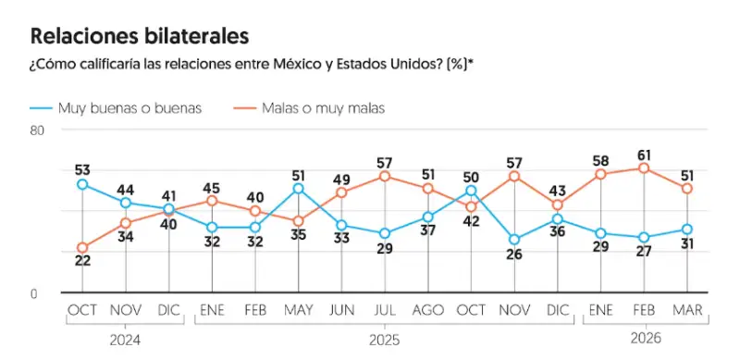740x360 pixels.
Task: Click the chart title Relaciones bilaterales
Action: pos(140,36)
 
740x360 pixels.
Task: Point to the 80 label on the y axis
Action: pos(38,131)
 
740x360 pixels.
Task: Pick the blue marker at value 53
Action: pos(82,184)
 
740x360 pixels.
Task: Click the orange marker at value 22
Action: pos(82,248)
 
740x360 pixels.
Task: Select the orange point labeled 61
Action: pos(644,168)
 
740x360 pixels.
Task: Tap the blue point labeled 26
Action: pos(514,240)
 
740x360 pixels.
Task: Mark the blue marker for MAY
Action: pos(298,189)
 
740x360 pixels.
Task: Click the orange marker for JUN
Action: pos(341,192)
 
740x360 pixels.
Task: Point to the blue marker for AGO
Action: pos(427,217)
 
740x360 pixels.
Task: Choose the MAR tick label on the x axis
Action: pos(687,309)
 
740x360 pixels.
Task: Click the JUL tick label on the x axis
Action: pos(384,309)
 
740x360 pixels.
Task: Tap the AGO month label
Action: pos(427,309)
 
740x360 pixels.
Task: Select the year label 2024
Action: pos(125,340)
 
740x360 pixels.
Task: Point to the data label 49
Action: pos(341,179)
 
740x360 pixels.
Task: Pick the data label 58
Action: pos(600,160)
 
